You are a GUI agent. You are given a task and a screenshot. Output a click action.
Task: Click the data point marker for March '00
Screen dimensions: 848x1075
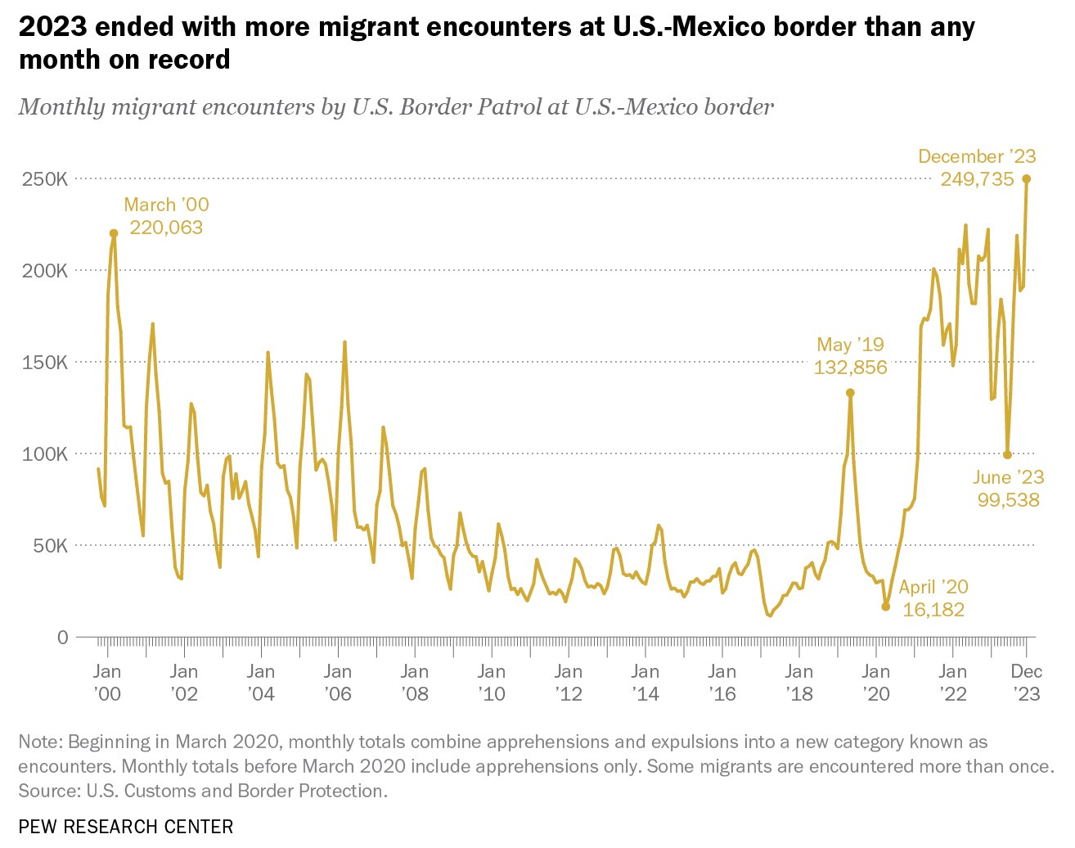pos(114,233)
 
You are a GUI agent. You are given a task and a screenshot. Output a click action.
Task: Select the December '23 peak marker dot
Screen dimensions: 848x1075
pos(1027,178)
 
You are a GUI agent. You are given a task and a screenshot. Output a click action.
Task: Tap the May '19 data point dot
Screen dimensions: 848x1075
pos(850,393)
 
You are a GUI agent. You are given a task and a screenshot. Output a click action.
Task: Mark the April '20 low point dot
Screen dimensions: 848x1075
pos(885,607)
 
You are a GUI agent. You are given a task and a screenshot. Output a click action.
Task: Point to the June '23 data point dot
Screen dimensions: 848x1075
pos(1008,454)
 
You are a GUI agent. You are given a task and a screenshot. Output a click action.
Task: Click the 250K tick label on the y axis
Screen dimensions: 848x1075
pos(45,178)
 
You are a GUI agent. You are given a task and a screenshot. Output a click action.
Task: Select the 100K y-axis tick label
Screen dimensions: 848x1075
pos(45,453)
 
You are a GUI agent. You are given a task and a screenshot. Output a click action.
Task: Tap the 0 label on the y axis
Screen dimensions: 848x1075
pos(62,637)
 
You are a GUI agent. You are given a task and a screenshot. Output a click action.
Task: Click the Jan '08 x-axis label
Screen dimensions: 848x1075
pos(415,683)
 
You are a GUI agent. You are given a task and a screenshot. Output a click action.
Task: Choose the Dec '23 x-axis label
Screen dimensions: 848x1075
pos(1027,683)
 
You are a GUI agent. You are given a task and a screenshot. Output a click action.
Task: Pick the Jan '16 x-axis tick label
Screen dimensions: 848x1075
pos(722,683)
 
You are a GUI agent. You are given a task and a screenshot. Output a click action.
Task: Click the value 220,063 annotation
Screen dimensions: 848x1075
pos(166,228)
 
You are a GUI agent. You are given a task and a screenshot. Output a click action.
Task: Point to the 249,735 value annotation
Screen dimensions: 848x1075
pos(977,179)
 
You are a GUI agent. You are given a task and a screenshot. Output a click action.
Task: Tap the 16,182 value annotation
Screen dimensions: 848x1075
pos(933,610)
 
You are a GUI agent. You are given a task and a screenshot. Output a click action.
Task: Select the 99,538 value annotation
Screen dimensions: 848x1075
pos(1008,500)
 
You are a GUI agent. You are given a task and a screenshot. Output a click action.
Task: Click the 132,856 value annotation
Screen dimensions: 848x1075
pos(850,368)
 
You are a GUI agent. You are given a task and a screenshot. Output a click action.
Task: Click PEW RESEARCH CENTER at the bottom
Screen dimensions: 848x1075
pos(126,827)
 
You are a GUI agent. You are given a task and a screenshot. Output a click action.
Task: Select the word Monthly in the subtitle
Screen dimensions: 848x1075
pos(61,106)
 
